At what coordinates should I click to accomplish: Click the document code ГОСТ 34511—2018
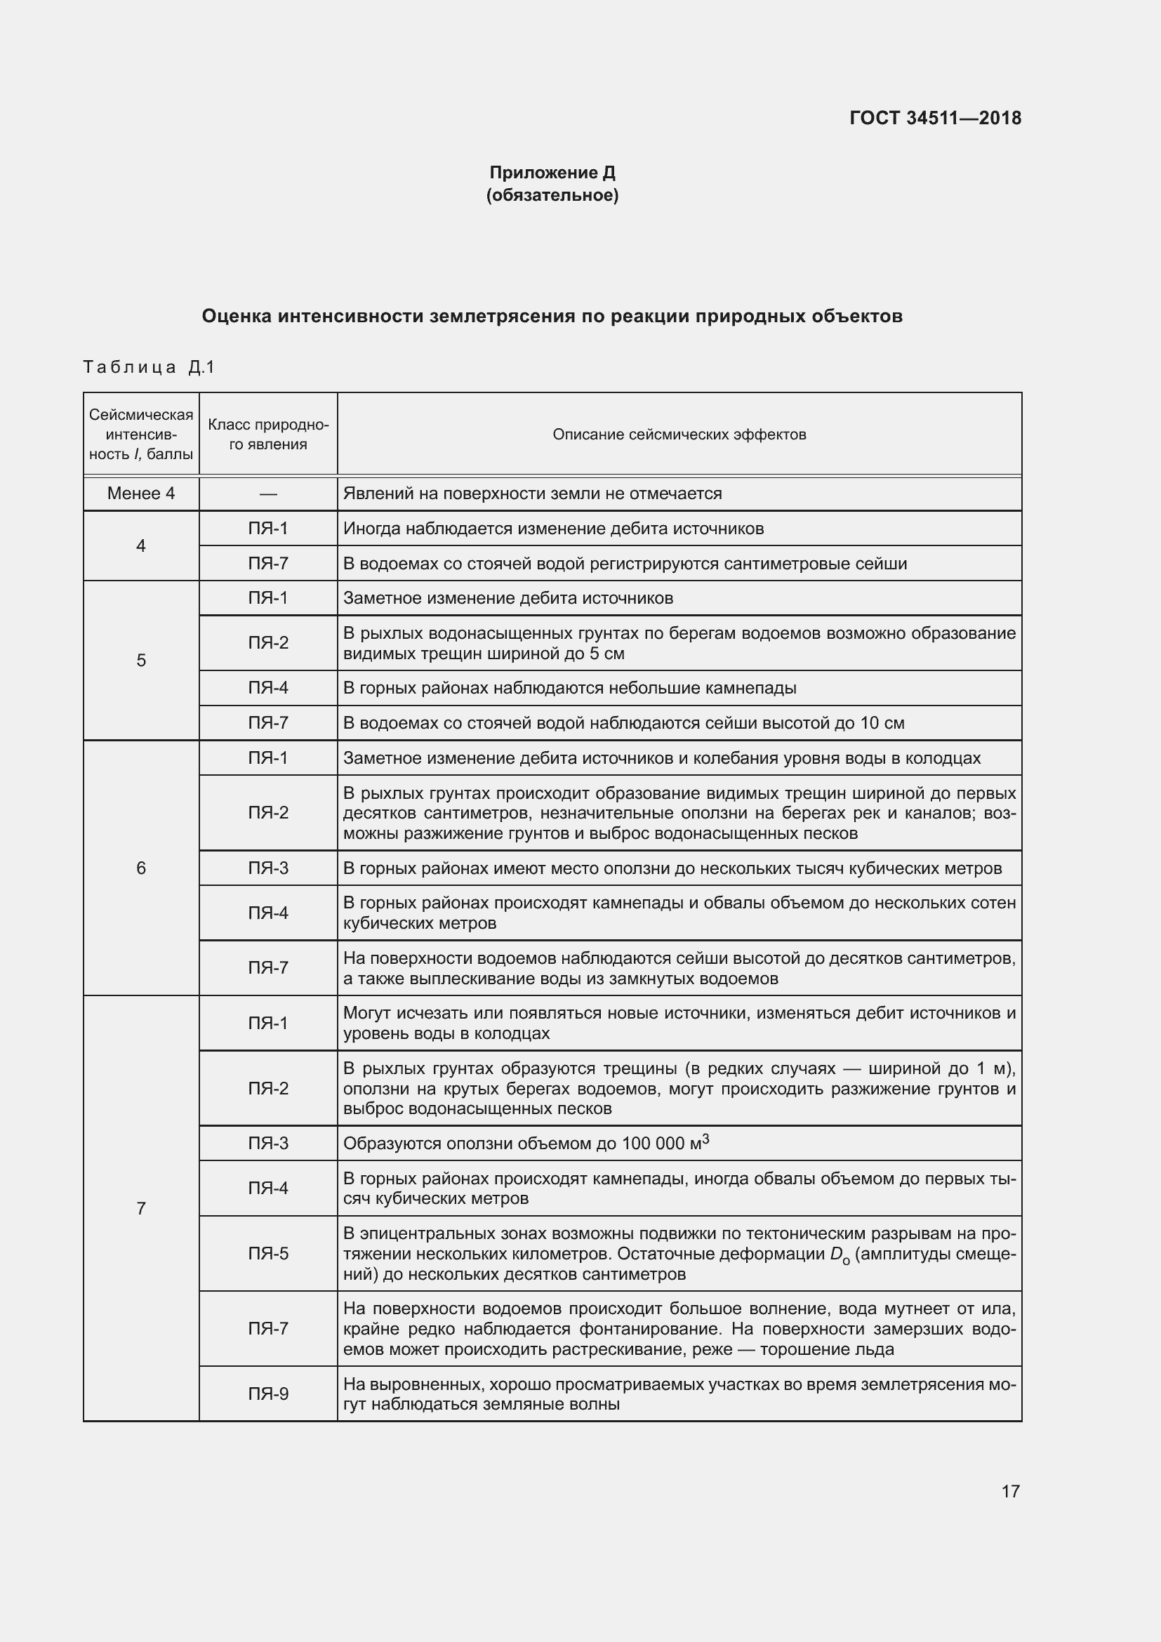pos(935,118)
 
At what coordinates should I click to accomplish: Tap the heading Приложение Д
pos(552,173)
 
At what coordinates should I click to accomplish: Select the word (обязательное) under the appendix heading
pos(552,195)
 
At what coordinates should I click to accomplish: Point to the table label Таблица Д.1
pos(149,367)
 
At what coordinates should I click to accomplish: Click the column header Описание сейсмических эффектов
pos(679,434)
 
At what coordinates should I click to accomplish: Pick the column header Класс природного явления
pos(268,434)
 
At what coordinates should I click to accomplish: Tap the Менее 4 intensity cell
pos(141,494)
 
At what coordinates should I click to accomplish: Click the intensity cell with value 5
pos(141,660)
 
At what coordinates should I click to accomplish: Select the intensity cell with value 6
pos(141,868)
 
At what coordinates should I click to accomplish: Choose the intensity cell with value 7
pos(141,1209)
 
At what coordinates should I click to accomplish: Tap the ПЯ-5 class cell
pos(268,1254)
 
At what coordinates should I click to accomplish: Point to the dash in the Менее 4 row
pos(268,494)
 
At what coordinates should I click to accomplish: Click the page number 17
pos(1010,1491)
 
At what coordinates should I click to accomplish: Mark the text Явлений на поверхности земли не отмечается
pos(533,494)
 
